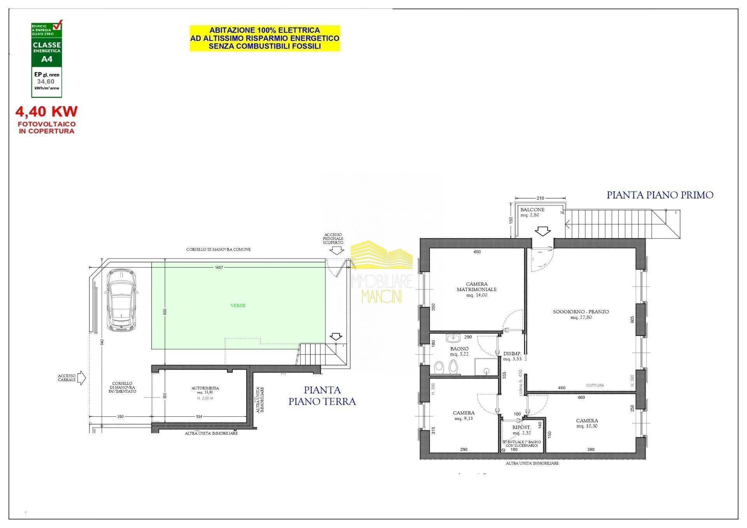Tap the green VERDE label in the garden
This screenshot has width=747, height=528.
click(x=238, y=305)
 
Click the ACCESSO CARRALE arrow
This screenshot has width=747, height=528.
click(x=82, y=378)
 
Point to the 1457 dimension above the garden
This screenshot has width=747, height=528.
click(x=219, y=268)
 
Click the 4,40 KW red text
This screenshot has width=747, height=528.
click(x=46, y=112)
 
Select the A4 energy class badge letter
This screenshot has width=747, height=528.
click(x=47, y=60)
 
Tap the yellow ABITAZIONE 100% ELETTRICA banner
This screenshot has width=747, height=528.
click(x=265, y=38)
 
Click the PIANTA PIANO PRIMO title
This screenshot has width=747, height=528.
click(x=660, y=195)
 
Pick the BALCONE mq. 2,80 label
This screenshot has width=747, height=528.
click(x=532, y=212)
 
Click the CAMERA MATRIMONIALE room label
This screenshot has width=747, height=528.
click(x=477, y=289)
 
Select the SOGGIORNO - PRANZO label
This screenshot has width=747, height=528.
click(x=580, y=314)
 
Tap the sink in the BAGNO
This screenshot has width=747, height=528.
click(x=453, y=338)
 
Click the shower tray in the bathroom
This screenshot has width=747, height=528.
click(x=486, y=367)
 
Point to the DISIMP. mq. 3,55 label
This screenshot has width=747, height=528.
click(x=512, y=356)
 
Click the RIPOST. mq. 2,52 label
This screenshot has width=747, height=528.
click(x=521, y=430)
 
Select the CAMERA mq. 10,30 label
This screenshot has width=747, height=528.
click(x=587, y=423)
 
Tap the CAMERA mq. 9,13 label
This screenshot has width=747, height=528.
click(x=463, y=416)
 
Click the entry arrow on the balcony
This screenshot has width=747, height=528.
click(x=542, y=231)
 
